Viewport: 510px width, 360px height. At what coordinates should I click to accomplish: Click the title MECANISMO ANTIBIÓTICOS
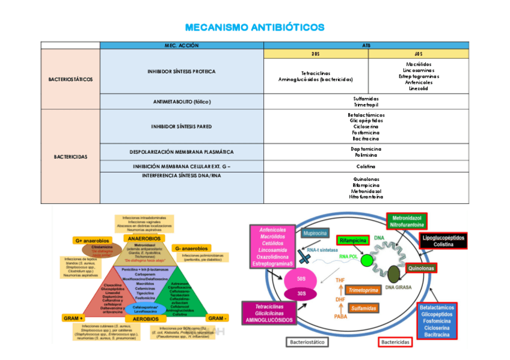(x=254, y=27)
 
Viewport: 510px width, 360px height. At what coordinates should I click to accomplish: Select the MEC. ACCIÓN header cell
(x=182, y=46)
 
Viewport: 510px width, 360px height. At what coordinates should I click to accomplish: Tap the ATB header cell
(x=366, y=46)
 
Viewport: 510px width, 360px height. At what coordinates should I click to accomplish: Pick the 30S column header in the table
(x=316, y=54)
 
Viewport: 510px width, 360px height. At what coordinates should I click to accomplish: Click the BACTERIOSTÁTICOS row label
(x=70, y=79)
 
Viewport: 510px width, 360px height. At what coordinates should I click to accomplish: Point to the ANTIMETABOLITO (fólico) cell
(x=182, y=102)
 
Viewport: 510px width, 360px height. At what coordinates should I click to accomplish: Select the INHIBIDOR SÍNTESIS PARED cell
(x=182, y=127)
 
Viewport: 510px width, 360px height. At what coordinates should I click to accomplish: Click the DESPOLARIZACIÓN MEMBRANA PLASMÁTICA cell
(x=182, y=152)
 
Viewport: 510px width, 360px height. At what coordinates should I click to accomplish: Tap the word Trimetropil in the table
(x=366, y=105)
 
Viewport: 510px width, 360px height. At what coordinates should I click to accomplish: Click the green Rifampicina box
(x=354, y=240)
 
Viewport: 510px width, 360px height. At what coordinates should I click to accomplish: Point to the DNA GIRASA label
(x=398, y=288)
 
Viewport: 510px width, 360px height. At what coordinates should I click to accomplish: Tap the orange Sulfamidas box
(x=364, y=308)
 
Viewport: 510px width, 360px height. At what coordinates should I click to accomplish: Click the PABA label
(x=340, y=316)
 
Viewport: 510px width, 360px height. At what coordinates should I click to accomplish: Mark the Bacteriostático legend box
(x=308, y=342)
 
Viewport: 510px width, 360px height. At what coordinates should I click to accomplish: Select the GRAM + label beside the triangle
(x=73, y=317)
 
